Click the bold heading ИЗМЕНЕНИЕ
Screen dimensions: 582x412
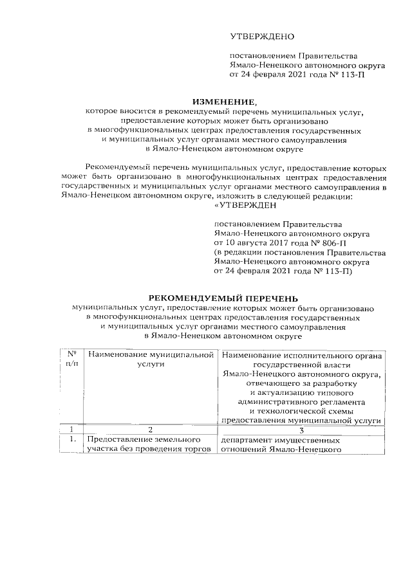tap(224, 102)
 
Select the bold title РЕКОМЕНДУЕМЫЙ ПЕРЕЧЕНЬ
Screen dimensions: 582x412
tap(224, 298)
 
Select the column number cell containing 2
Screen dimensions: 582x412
tap(151, 429)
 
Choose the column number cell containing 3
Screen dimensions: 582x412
tap(301, 429)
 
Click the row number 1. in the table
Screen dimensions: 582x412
tap(72, 440)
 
